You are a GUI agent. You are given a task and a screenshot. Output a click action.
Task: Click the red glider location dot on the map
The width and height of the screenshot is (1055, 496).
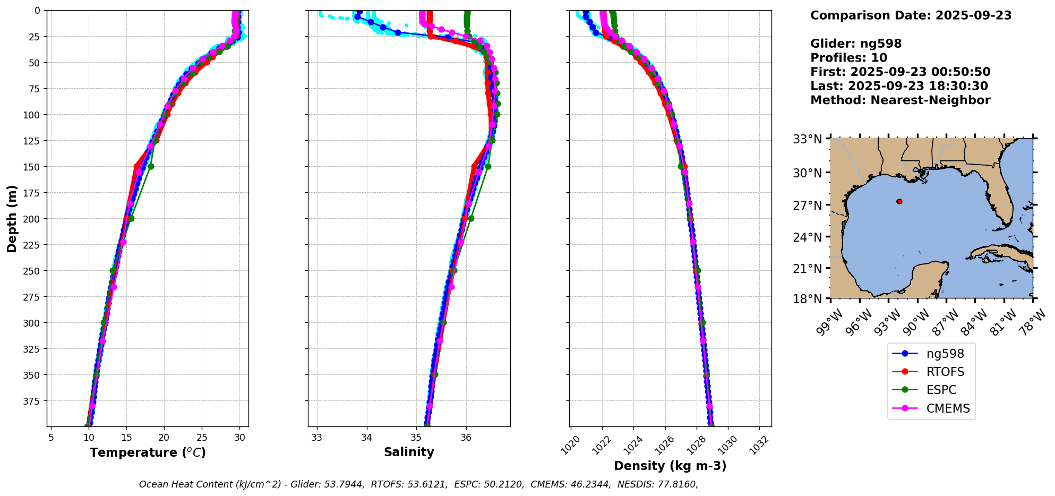[899, 201]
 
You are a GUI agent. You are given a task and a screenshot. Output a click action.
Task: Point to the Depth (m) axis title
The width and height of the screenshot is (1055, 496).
[12, 218]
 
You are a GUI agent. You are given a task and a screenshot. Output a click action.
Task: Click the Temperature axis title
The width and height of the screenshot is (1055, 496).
[148, 452]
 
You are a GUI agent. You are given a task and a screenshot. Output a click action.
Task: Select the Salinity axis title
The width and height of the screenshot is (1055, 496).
[409, 452]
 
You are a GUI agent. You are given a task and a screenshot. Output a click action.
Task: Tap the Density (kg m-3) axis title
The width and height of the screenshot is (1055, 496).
[670, 466]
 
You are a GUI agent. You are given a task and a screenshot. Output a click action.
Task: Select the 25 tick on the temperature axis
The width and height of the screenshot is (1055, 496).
[202, 438]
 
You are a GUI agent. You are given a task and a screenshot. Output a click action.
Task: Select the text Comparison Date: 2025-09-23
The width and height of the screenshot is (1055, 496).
[911, 15]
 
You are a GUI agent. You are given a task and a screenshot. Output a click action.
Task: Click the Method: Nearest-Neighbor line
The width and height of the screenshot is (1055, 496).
[900, 100]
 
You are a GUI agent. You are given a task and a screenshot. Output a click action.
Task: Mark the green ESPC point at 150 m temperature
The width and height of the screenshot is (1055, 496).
[151, 166]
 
